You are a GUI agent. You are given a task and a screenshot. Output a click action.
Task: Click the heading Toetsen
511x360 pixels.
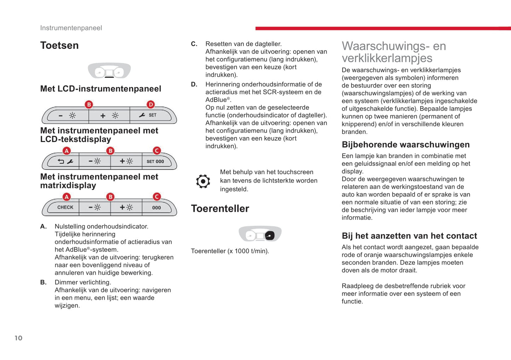59,46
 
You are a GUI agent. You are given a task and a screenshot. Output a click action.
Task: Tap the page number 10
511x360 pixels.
18,338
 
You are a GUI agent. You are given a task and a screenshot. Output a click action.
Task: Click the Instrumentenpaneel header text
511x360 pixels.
71,28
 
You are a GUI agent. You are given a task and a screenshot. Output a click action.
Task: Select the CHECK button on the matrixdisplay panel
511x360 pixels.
65,207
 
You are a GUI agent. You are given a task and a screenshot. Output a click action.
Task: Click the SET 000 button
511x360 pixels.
155,161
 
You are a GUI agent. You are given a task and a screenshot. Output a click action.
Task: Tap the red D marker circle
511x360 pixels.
151,105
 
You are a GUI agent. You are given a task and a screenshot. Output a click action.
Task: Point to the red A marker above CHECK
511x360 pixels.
66,197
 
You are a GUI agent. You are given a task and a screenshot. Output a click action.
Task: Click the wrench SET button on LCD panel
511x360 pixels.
148,115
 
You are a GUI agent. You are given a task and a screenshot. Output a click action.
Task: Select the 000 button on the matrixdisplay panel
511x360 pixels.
156,208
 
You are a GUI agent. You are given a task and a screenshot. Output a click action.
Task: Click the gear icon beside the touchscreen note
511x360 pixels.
203,181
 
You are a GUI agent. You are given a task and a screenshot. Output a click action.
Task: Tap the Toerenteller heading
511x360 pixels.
220,208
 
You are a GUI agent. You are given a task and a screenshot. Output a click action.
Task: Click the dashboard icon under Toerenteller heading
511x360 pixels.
260,234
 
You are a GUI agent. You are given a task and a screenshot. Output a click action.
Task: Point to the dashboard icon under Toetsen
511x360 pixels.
109,71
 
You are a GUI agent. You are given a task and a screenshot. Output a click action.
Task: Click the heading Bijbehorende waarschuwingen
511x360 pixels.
406,144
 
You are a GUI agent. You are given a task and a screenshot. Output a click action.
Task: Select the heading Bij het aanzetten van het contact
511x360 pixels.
409,236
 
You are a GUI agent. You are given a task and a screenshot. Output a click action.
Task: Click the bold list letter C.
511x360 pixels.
194,44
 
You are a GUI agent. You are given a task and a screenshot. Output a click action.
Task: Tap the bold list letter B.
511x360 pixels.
43,282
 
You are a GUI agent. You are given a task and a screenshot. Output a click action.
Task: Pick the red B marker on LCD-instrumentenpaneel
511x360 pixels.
89,105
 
